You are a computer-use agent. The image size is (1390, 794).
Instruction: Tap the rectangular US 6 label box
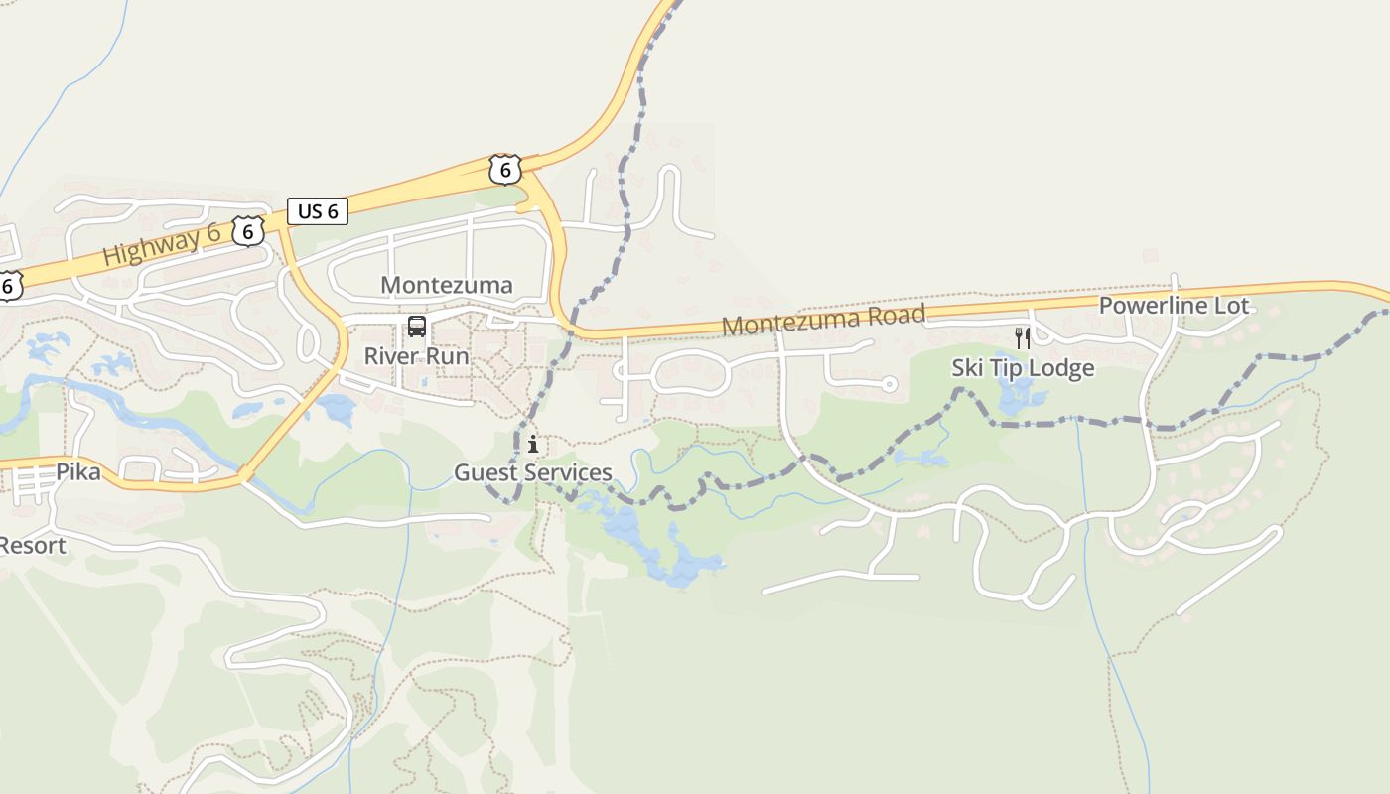318,211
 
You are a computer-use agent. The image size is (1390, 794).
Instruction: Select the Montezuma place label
447,285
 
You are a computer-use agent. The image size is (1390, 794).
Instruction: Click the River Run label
416,355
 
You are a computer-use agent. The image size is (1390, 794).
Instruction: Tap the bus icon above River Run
417,327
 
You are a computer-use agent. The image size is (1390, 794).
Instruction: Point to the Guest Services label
533,472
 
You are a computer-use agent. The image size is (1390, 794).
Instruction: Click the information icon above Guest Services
533,444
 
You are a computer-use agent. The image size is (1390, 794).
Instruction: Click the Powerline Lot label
1174,306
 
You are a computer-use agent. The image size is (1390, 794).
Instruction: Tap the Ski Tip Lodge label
1023,368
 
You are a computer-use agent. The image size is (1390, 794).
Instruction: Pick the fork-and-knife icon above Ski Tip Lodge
1023,338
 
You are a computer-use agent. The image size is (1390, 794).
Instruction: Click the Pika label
77,472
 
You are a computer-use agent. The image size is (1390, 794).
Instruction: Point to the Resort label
32,545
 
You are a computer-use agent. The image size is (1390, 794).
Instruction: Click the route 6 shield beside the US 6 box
248,232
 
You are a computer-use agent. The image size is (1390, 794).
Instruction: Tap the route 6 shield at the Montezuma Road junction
505,170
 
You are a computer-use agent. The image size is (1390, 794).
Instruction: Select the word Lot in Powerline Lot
1230,306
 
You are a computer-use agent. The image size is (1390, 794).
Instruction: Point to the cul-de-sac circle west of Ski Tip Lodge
890,384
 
